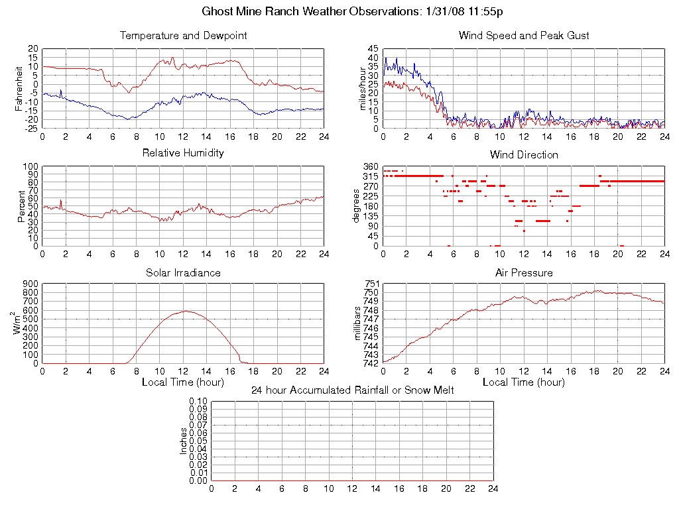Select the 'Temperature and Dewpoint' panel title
coord(183,35)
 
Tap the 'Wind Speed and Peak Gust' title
coord(524,35)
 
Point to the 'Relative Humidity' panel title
coord(183,153)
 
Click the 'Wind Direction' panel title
coord(524,154)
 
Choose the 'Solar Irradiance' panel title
coord(183,272)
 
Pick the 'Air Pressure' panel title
coord(524,272)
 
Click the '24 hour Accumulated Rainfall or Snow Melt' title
coord(352,390)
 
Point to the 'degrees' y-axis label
coord(357,206)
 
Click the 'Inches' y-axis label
coord(184,441)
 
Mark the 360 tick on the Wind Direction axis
coord(371,166)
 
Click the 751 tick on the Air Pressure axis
coord(371,284)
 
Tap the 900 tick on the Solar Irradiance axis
coord(31,284)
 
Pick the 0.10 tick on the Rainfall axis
coord(198,402)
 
